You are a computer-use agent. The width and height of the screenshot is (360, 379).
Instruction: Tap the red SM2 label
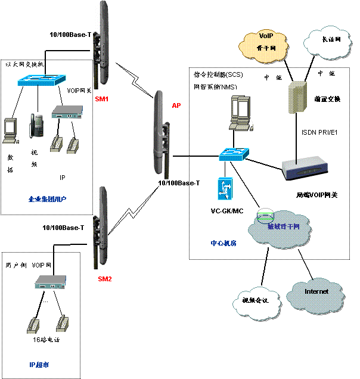[x=104, y=279]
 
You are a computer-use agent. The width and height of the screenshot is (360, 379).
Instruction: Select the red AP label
[x=176, y=105]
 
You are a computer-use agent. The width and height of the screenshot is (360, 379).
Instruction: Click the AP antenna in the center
[x=159, y=135]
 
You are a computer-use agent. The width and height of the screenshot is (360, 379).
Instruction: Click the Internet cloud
[x=316, y=292]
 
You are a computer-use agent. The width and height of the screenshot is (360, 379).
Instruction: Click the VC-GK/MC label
[x=227, y=211]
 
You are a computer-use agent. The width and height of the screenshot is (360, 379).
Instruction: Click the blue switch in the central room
[x=233, y=154]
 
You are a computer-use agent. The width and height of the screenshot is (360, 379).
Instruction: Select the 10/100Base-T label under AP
[x=179, y=183]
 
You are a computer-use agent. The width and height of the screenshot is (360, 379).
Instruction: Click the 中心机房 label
[x=224, y=243]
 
